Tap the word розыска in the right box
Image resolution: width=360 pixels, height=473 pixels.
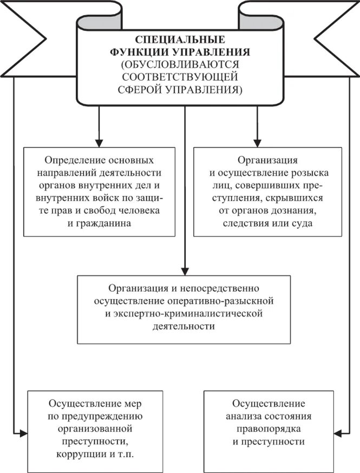[307, 173]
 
